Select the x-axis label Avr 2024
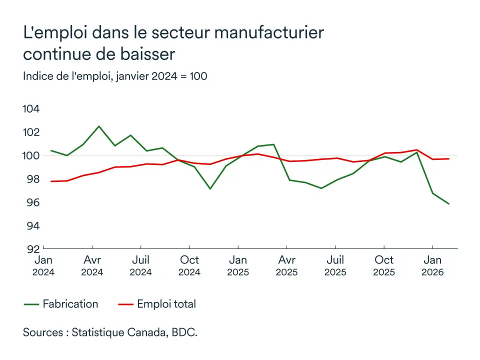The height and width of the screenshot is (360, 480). pos(92,265)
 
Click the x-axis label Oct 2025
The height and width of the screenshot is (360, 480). pos(383,265)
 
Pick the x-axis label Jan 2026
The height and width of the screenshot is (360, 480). pos(432,265)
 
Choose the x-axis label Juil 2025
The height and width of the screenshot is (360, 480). pos(335,265)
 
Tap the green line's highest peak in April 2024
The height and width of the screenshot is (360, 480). pos(99,126)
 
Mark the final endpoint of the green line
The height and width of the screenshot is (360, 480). pos(448,203)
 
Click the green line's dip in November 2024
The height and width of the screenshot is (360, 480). pos(210,188)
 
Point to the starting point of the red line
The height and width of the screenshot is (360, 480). pos(51,181)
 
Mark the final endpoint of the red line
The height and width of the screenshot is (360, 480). pos(448,159)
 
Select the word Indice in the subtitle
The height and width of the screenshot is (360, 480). pos(38,76)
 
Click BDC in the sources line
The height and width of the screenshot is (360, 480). pos(186,332)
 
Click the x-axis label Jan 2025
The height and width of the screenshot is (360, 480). pos(238,265)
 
